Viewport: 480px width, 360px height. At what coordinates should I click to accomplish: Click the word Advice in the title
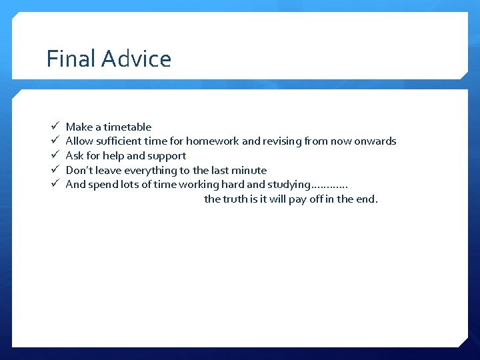tap(136, 59)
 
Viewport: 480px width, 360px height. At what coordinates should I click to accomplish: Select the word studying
tap(289, 185)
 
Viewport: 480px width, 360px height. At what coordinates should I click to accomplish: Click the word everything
tap(151, 171)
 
